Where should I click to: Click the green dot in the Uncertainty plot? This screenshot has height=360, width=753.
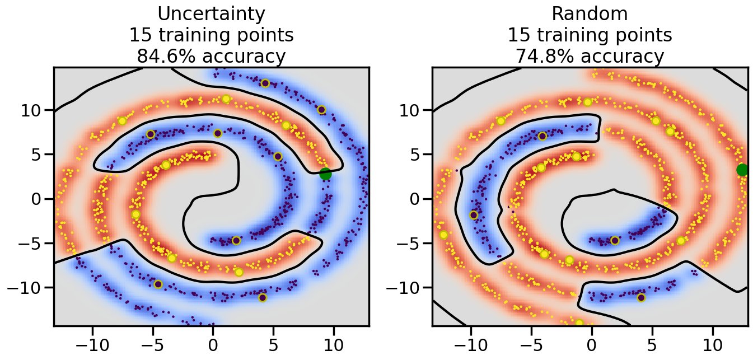point(325,174)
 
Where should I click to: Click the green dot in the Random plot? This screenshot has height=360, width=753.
point(742,170)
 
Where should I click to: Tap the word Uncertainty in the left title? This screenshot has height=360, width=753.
point(211,13)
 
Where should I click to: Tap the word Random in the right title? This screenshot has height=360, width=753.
point(590,13)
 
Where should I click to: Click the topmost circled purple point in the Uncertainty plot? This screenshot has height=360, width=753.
point(265,83)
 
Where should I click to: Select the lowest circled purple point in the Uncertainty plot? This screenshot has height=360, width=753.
point(263,297)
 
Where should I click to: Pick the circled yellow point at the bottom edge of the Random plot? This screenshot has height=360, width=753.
point(579,324)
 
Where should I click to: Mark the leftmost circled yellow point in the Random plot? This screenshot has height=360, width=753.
point(443,235)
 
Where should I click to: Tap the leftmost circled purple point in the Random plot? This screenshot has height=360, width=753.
point(474,215)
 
